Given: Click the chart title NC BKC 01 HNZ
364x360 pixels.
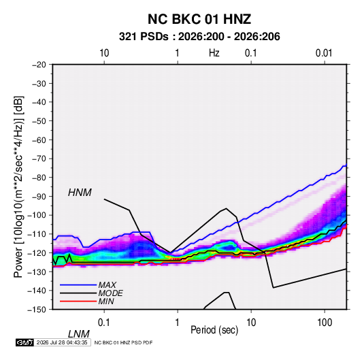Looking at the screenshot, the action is [199, 19].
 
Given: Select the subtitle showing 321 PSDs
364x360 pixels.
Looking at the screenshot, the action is [199, 37].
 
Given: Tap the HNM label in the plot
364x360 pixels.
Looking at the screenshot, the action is [80, 193].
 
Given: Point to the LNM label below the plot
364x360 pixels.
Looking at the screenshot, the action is [78, 334].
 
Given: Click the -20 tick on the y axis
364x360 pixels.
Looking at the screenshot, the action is [39, 65].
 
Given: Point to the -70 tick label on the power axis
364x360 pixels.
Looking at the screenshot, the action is [39, 159].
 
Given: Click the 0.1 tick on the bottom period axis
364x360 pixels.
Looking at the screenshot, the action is [104, 323].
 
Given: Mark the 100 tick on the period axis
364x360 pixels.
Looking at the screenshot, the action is [325, 323].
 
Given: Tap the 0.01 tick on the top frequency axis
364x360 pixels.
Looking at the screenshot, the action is [324, 53].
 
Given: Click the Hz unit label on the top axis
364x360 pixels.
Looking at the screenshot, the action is [214, 53].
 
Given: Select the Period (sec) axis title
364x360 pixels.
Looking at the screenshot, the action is [214, 330].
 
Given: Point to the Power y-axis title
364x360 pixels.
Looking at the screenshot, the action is [18, 186].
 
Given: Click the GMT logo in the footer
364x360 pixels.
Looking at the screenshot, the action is [24, 342].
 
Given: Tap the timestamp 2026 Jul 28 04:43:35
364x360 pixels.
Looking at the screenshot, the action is [62, 342].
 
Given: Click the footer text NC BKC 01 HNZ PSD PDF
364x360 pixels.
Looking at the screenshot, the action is [123, 342].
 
